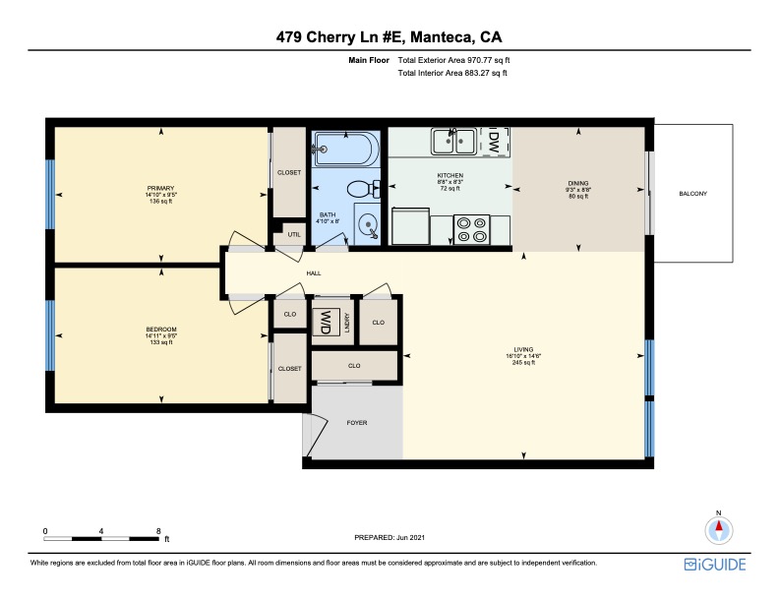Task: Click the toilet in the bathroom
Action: coord(364,189)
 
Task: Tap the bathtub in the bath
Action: coord(346,149)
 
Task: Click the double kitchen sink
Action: coord(453,141)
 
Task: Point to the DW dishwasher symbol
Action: coord(494,141)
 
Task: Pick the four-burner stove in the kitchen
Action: coord(471,229)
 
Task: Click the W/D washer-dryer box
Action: coord(326,322)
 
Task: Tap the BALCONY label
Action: coord(692,194)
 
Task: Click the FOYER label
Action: coord(357,423)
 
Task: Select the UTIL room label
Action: coord(294,234)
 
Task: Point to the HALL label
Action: coord(314,273)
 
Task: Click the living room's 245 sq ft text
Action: coord(523,363)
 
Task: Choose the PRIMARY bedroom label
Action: coord(160,188)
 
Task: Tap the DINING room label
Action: coord(577,183)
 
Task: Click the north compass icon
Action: coord(718,530)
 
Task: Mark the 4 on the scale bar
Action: coord(101,531)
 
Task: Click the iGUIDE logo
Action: coord(715,565)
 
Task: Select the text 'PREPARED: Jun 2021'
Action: coord(389,537)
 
